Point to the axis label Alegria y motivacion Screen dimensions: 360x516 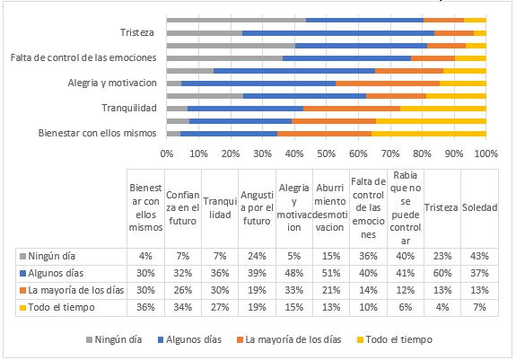[x=112, y=83]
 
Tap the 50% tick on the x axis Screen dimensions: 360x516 [x=326, y=154]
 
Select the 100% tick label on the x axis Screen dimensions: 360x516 [x=485, y=154]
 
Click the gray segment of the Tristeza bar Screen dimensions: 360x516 [x=204, y=33]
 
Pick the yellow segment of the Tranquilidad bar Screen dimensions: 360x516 [x=443, y=108]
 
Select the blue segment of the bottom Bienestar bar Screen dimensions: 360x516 [x=229, y=133]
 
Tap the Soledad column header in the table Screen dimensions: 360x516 [x=479, y=207]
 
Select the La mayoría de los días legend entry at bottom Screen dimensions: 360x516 [x=304, y=339]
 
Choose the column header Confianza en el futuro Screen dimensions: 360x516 [x=183, y=207]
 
